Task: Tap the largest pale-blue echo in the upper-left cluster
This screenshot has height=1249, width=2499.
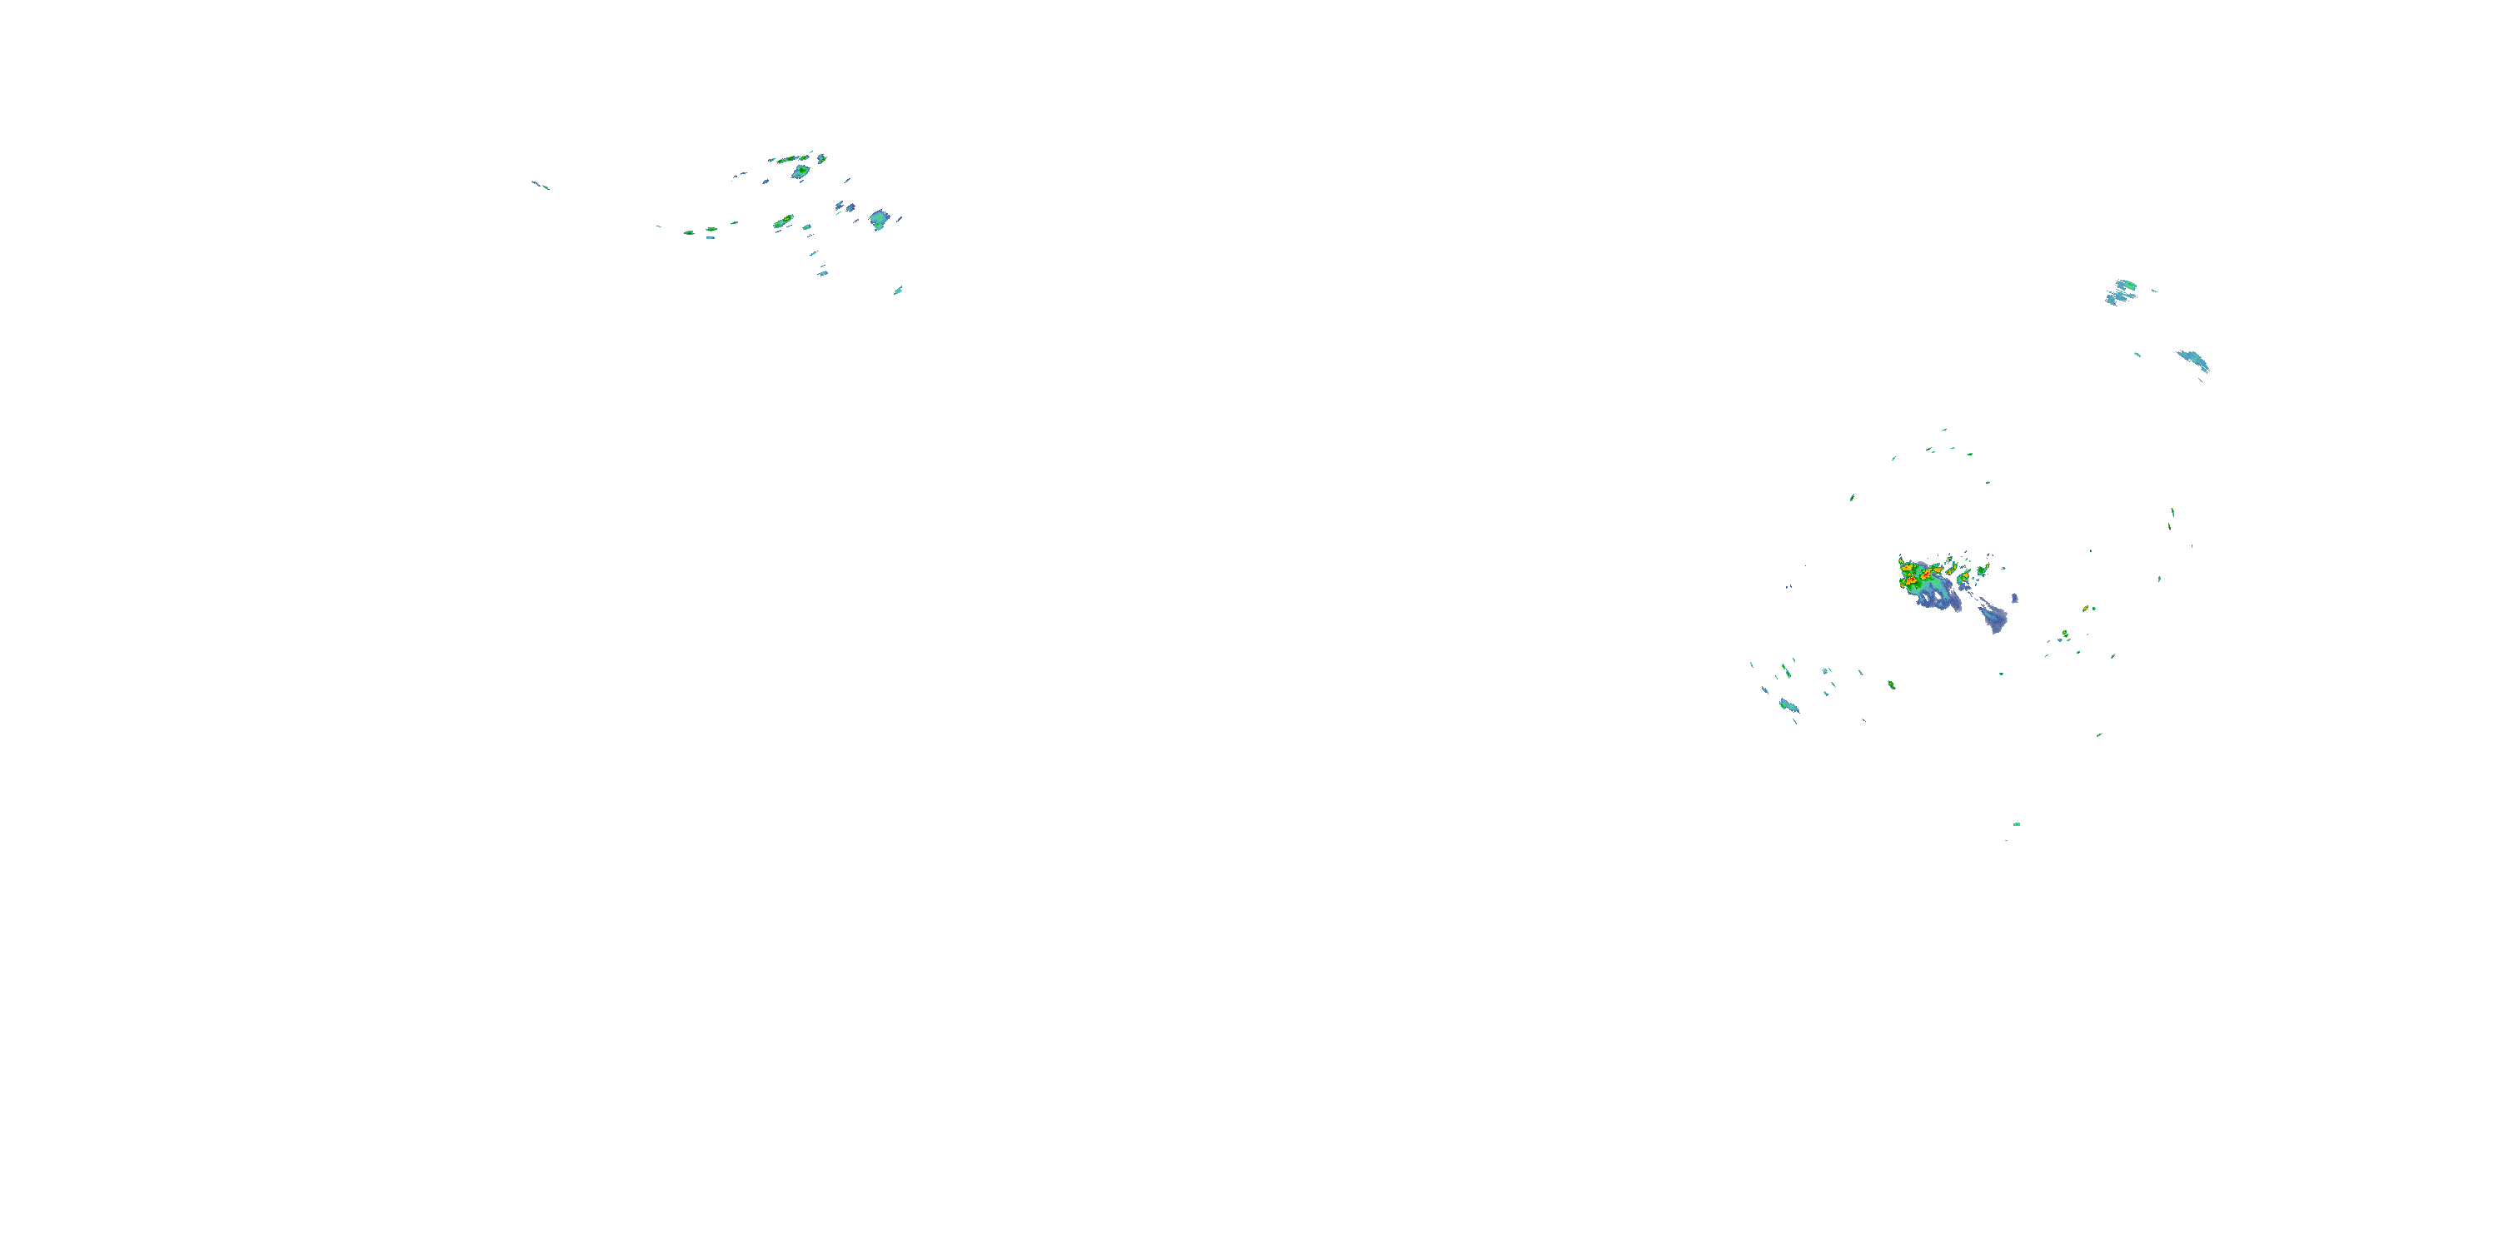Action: tap(879, 219)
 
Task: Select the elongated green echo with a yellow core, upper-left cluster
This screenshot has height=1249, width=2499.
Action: tap(783, 222)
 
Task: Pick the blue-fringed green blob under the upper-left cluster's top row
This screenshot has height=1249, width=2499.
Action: tap(801, 172)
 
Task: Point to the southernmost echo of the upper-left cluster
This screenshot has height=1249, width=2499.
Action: tap(898, 290)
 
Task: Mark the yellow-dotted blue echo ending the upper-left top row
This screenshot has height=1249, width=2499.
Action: tap(821, 157)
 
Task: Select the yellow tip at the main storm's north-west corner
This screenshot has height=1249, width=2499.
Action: tap(1903, 560)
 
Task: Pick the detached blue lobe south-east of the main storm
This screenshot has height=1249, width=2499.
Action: tap(1993, 618)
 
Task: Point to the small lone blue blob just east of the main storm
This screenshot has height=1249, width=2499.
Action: tap(2015, 599)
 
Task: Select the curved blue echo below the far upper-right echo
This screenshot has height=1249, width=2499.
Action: tap(2194, 361)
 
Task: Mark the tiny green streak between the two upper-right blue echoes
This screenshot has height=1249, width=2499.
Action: tap(2138, 355)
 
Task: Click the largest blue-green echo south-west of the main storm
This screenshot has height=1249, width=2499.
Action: tap(1788, 705)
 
